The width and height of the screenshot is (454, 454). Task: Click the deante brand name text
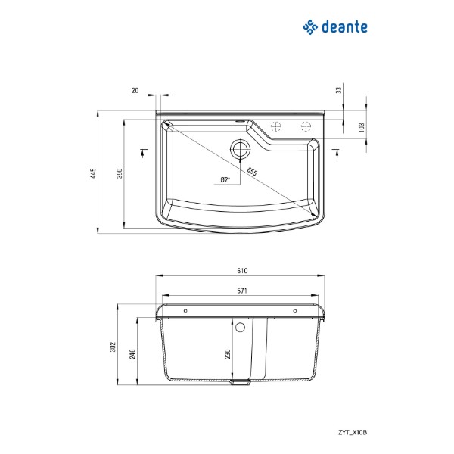[344, 27]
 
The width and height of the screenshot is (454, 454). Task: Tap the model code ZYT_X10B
[353, 432]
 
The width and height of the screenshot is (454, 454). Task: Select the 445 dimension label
[93, 173]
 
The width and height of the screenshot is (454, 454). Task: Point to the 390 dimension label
[120, 173]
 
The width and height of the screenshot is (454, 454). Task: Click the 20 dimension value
[135, 90]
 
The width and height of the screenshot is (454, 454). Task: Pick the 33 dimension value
[339, 90]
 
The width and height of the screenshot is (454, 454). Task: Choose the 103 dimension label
[362, 128]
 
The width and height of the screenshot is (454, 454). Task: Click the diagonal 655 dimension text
[252, 172]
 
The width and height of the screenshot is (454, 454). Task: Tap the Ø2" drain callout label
[225, 180]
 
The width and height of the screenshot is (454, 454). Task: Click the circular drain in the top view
[240, 149]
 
